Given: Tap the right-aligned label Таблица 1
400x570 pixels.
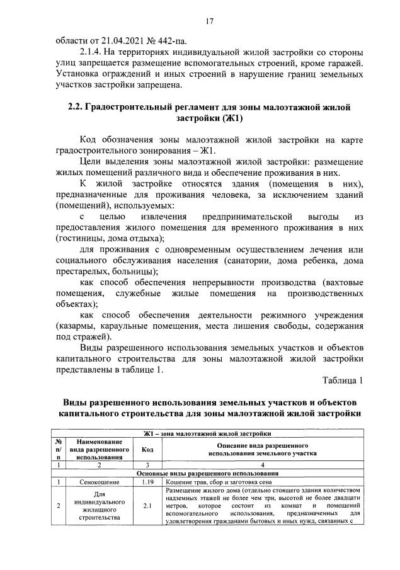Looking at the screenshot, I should pyautogui.click(x=343, y=381).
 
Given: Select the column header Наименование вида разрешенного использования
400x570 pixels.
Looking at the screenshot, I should pyautogui.click(x=95, y=449).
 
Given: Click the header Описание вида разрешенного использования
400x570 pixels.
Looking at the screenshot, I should pyautogui.click(x=263, y=449).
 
